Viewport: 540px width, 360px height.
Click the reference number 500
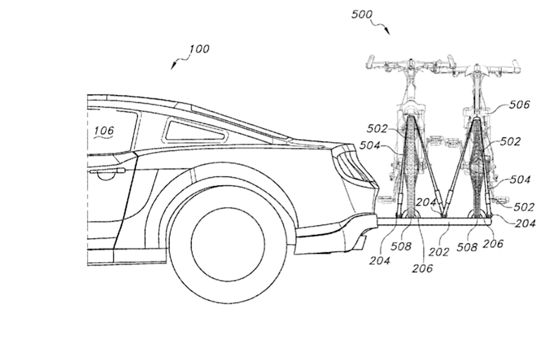[362, 15]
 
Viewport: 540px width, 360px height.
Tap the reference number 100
[199, 49]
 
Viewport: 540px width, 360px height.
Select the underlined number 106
[104, 130]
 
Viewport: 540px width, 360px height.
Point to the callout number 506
[519, 105]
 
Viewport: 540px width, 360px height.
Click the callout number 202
[439, 252]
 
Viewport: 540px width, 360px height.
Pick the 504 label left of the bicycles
[370, 145]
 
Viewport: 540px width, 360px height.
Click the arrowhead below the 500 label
[387, 31]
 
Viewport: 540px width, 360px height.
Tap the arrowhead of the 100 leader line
[173, 66]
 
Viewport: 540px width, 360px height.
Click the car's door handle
[107, 171]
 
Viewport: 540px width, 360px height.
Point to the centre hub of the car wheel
[228, 244]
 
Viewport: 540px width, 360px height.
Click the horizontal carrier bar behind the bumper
[434, 221]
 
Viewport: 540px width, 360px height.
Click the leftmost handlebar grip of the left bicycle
[370, 62]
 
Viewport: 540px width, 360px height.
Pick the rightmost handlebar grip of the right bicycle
[516, 67]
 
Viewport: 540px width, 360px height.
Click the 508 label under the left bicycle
[400, 246]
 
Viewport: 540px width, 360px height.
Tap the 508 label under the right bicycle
[467, 247]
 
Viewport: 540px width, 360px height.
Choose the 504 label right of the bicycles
[520, 180]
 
